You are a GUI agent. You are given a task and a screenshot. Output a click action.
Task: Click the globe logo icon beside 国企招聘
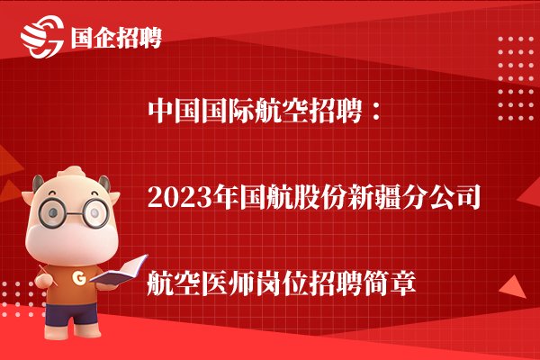click(x=42, y=37)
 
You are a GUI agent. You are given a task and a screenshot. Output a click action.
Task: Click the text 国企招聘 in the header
click(x=116, y=38)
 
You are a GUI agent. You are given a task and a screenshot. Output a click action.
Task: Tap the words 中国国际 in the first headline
click(x=202, y=111)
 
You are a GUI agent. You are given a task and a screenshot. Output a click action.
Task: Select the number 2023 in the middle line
click(x=180, y=197)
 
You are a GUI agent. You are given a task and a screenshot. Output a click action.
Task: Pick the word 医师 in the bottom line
click(x=229, y=283)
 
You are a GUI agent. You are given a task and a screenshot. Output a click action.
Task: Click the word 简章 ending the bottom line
click(x=390, y=283)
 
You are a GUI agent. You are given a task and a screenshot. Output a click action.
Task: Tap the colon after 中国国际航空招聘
click(x=375, y=112)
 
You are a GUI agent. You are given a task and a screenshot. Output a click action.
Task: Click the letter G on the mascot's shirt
click(x=79, y=278)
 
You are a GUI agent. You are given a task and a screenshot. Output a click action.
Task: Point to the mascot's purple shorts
click(x=71, y=313)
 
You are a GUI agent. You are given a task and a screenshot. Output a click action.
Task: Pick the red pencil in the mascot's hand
click(x=49, y=274)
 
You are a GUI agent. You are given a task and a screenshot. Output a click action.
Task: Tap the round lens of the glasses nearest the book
click(x=94, y=213)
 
